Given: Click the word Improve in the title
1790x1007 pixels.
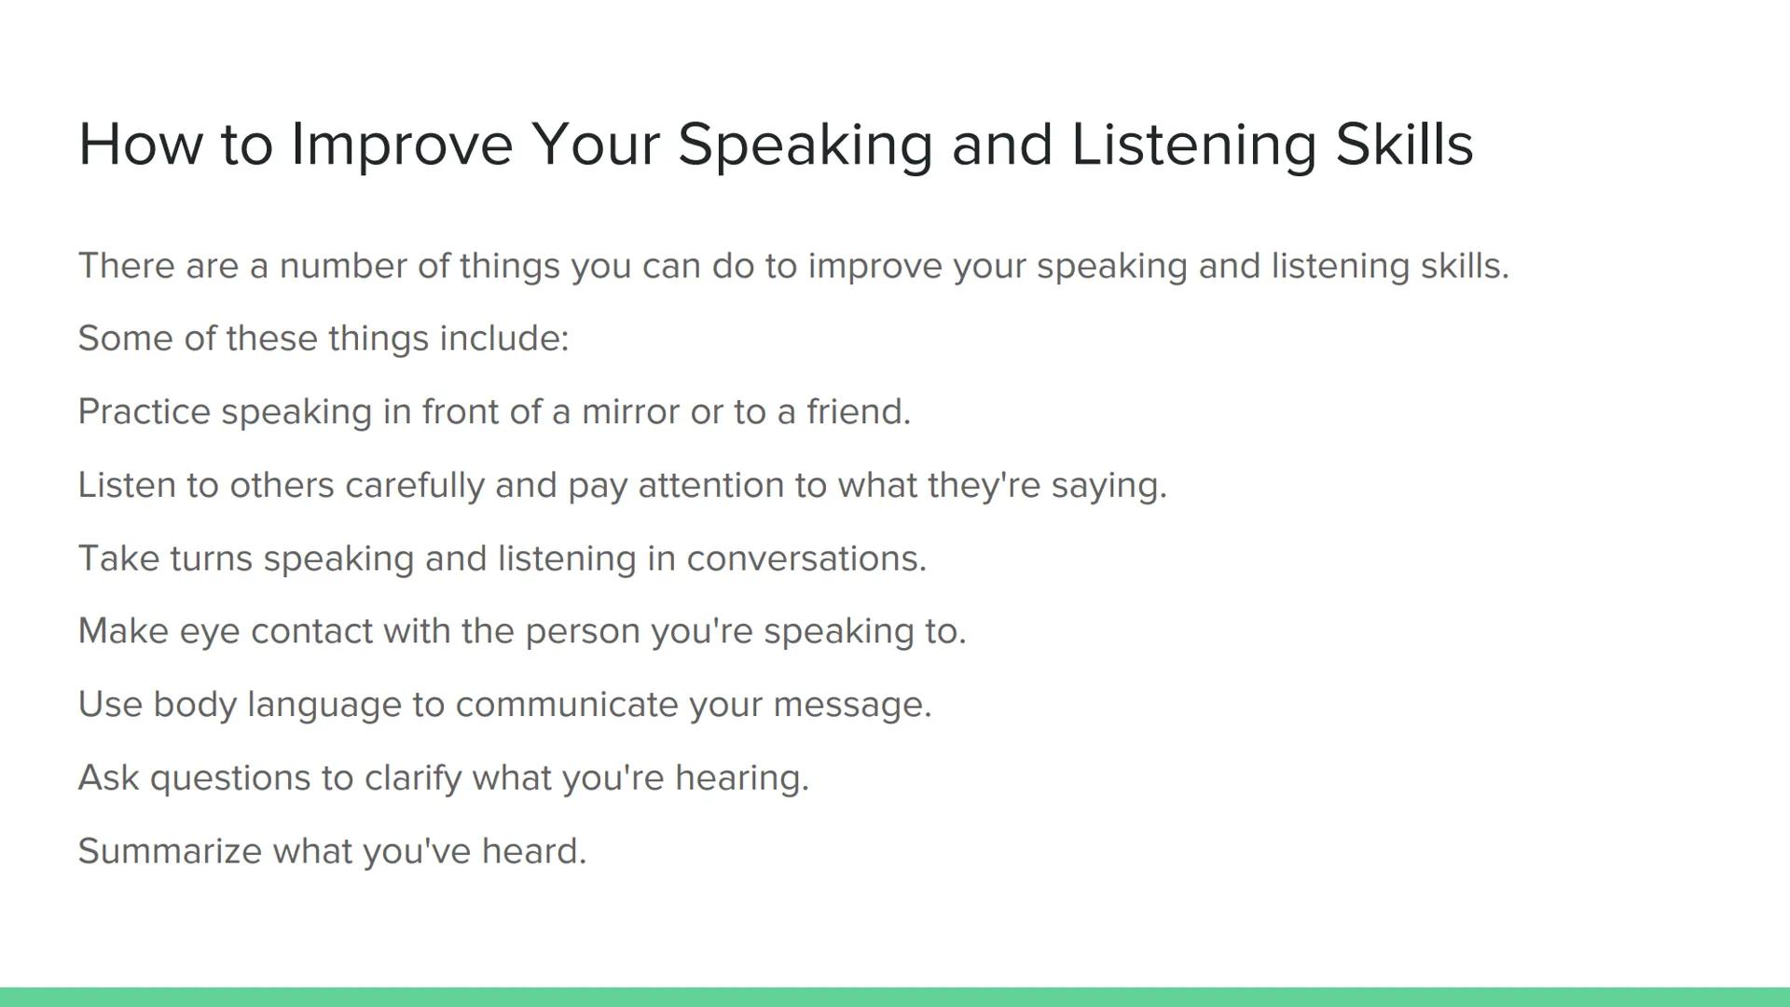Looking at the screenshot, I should (402, 145).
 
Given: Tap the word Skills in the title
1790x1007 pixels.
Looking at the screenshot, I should (1404, 145).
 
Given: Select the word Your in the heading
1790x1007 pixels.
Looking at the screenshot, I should (595, 145).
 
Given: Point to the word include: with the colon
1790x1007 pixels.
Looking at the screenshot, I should (503, 338).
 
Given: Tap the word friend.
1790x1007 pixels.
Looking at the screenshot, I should (858, 412).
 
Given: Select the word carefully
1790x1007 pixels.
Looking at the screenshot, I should (414, 486).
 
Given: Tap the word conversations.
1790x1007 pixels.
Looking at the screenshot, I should (806, 559).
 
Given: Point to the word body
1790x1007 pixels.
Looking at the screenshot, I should (194, 705).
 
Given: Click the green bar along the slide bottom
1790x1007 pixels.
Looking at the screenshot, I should (895, 997).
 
